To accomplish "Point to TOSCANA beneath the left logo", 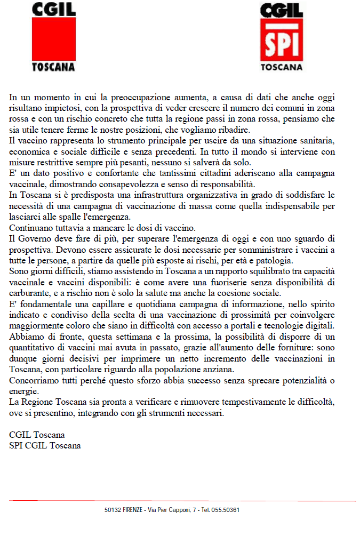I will [54, 68].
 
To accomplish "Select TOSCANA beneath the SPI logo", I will [281, 68].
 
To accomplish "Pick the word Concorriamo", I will [35, 380].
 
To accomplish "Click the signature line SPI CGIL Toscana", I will [45, 446].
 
